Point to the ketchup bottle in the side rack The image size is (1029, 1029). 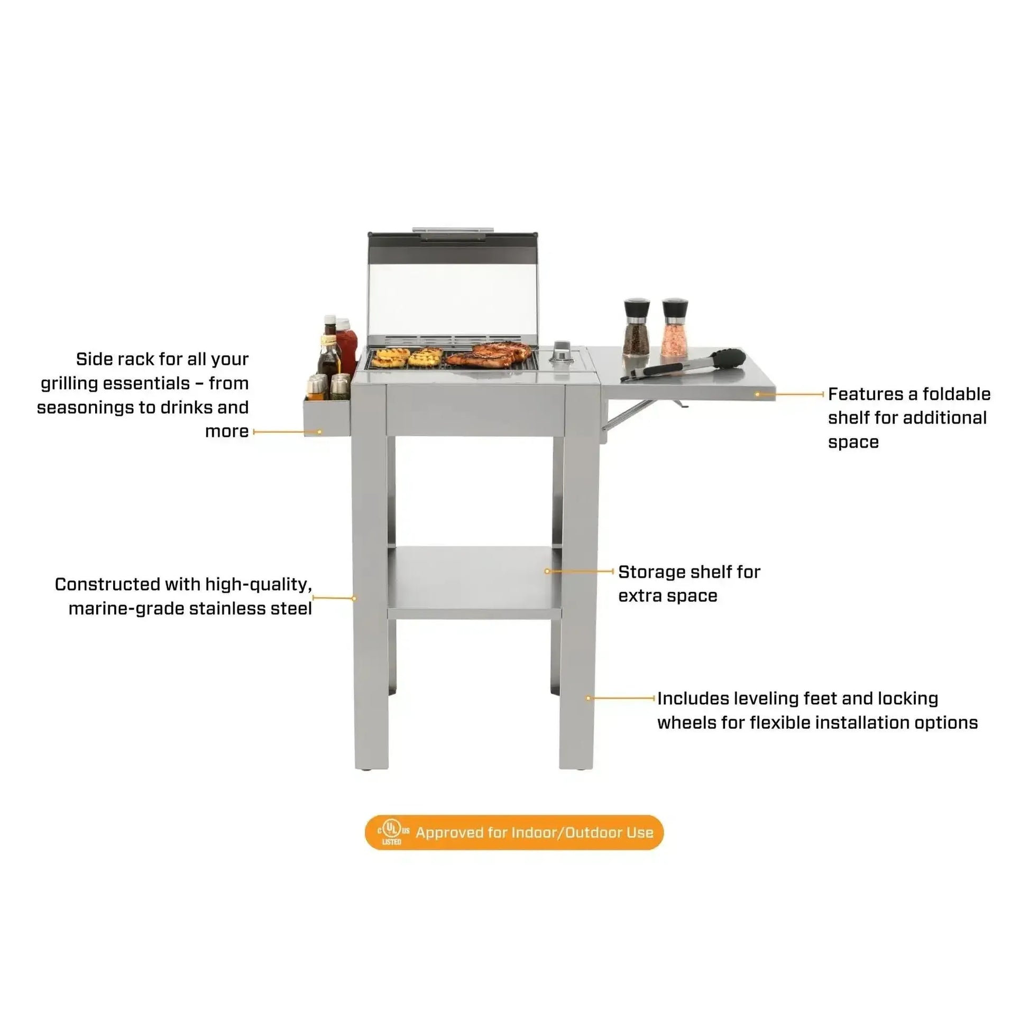tap(347, 346)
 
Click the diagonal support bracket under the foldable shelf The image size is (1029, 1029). tap(628, 415)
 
